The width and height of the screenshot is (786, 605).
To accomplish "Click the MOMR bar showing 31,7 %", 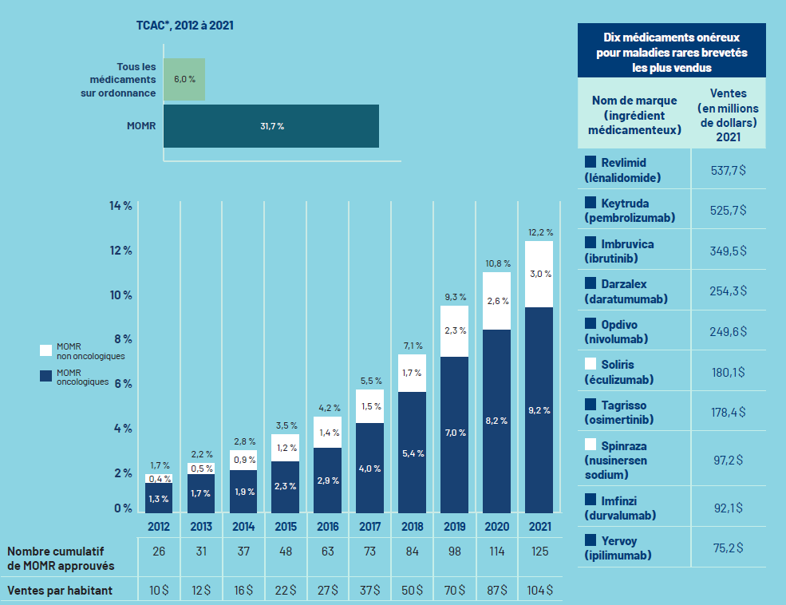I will pyautogui.click(x=271, y=126).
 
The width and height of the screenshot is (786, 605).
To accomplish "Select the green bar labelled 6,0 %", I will pyautogui.click(x=184, y=79).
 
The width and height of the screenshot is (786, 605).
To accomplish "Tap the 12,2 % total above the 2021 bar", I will pyautogui.click(x=540, y=232).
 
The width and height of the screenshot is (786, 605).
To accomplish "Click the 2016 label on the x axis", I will pyautogui.click(x=327, y=527).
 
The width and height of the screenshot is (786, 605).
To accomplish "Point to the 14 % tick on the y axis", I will pyautogui.click(x=120, y=206).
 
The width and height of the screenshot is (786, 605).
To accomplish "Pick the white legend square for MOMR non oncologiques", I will pyautogui.click(x=46, y=350).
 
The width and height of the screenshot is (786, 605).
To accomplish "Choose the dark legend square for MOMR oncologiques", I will pyautogui.click(x=46, y=376).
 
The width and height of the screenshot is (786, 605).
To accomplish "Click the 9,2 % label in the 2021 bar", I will pyautogui.click(x=540, y=410).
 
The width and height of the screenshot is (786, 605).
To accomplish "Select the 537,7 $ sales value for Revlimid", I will pyautogui.click(x=728, y=169).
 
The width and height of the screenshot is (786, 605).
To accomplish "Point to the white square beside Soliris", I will pyautogui.click(x=590, y=364).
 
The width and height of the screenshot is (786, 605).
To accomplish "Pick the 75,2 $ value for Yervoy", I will pyautogui.click(x=728, y=547).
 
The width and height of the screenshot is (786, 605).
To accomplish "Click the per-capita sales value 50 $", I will pyautogui.click(x=412, y=590).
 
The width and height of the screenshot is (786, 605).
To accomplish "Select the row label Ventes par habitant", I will pyautogui.click(x=60, y=590).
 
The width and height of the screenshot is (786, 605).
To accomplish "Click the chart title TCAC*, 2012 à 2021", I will pyautogui.click(x=184, y=25).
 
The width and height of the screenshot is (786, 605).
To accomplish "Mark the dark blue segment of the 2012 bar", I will pyautogui.click(x=159, y=498).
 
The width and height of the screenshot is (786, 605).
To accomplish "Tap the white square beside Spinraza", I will pyautogui.click(x=590, y=444).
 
